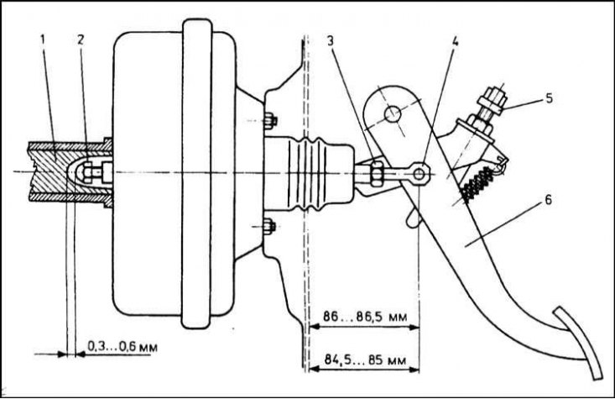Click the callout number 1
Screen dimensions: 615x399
[x=43, y=39]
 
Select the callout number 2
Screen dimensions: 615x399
[x=80, y=39]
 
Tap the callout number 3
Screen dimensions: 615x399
[x=331, y=41]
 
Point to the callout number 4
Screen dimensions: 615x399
[x=455, y=41]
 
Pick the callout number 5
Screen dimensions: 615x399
[x=549, y=98]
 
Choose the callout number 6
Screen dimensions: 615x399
[x=548, y=200]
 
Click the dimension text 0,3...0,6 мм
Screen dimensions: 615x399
[x=122, y=347]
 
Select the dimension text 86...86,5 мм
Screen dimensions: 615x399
[x=365, y=316]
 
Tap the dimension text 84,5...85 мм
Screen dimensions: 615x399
[x=365, y=360]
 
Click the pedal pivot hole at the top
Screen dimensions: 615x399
[x=393, y=114]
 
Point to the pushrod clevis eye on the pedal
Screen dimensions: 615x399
[x=420, y=173]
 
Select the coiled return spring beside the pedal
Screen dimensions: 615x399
[x=477, y=184]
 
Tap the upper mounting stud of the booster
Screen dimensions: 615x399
[x=270, y=121]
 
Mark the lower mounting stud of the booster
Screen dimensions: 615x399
[x=270, y=227]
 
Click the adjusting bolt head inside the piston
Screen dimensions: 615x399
[x=87, y=171]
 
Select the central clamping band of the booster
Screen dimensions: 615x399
[x=197, y=173]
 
